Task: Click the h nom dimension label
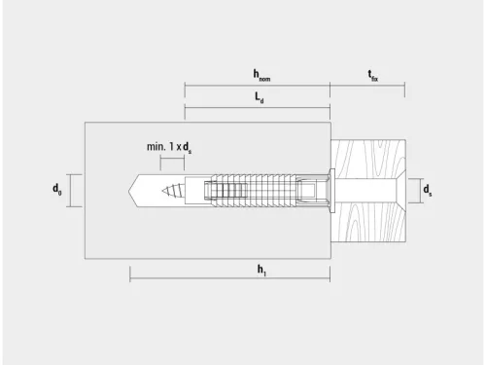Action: click(261, 74)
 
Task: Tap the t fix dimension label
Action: click(372, 74)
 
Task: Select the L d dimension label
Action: click(258, 98)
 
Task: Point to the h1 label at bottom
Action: click(261, 270)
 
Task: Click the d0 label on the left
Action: click(59, 191)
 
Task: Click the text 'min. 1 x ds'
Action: click(169, 146)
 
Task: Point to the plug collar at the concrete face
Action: click(330, 190)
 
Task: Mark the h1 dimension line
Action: click(229, 279)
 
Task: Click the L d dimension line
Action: click(258, 108)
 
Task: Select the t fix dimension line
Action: click(367, 85)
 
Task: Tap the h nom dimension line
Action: click(258, 85)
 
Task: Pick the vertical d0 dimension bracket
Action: click(72, 191)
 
